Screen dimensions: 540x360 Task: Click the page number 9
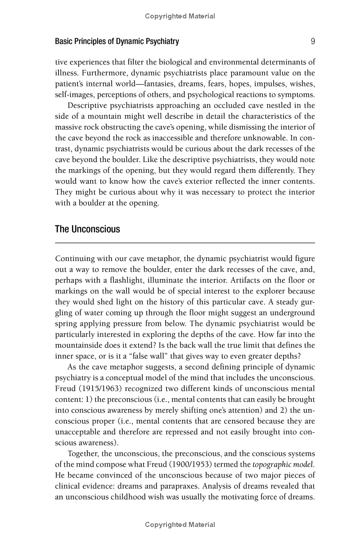(x=312, y=41)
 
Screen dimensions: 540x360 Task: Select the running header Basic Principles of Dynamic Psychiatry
(x=117, y=41)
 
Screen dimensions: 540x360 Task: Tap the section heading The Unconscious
(x=87, y=229)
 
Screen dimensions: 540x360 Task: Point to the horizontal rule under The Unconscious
(x=184, y=243)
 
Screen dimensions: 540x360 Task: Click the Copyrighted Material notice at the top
(x=180, y=16)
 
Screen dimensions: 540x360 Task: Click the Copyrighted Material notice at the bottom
(x=180, y=525)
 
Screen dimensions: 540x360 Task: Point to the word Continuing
(x=75, y=259)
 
